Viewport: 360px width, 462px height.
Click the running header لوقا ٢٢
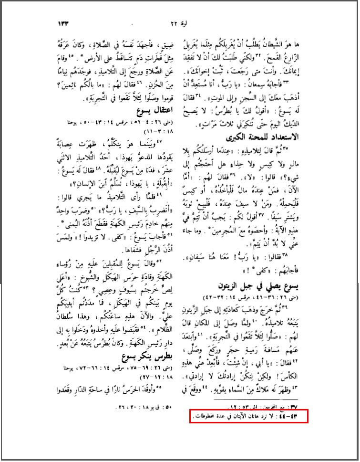(x=178, y=22)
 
